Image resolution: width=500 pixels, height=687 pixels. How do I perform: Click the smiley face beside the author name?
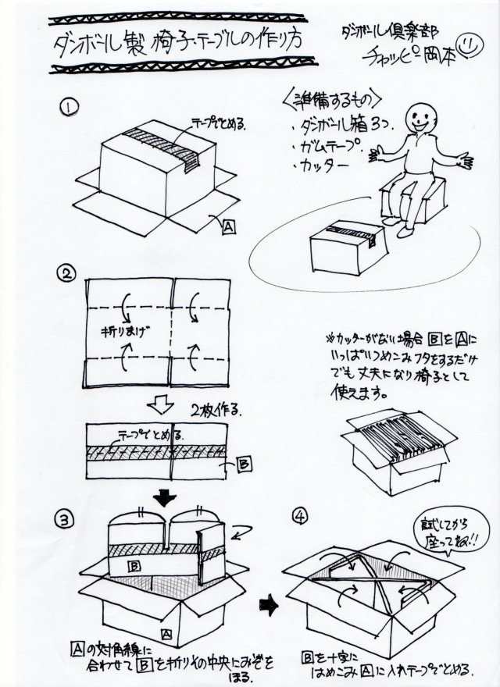pos(469,44)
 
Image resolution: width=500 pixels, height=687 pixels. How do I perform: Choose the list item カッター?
pos(316,166)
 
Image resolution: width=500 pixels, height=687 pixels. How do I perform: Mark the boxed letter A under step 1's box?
pos(228,227)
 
